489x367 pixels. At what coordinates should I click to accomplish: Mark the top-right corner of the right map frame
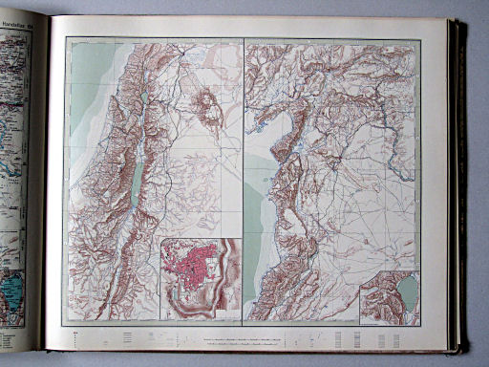tap(420, 39)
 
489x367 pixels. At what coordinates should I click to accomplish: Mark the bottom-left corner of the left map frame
tap(67, 321)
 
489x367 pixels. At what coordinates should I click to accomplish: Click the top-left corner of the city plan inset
tap(160, 238)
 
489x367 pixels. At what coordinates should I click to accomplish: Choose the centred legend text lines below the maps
tap(244, 340)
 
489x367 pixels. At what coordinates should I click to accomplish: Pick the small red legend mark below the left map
tap(74, 332)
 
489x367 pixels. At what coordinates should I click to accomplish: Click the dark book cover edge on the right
tap(459, 182)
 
